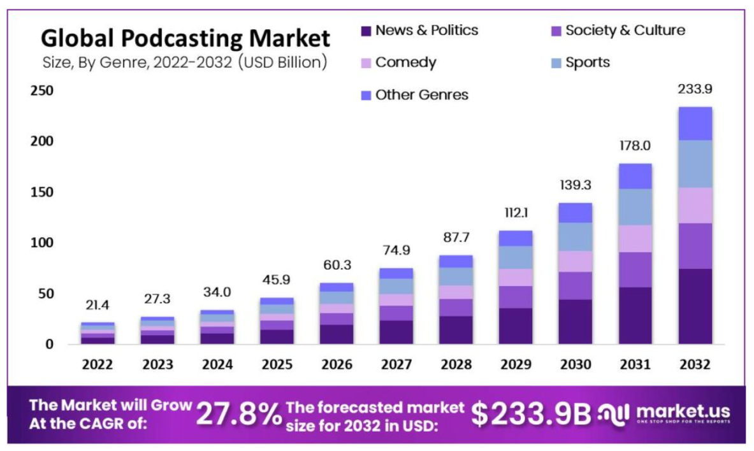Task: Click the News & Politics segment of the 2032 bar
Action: pos(695,306)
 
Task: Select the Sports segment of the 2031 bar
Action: pos(635,207)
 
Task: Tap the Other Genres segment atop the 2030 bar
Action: pos(576,213)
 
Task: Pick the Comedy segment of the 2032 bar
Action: pos(695,205)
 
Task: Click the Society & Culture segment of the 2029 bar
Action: pos(515,297)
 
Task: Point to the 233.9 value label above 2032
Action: pos(695,90)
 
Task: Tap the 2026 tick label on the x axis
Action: pos(336,365)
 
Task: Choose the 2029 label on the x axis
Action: pos(515,365)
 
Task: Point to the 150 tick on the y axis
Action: pos(41,192)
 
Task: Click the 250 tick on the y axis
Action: pos(41,91)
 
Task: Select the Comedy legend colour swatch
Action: pos(365,63)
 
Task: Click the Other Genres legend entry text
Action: pos(421,95)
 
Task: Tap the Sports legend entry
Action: pos(588,62)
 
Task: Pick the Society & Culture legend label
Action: pos(625,30)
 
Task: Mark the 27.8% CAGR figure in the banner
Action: pos(239,415)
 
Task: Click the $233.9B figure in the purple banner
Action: pos(532,414)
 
